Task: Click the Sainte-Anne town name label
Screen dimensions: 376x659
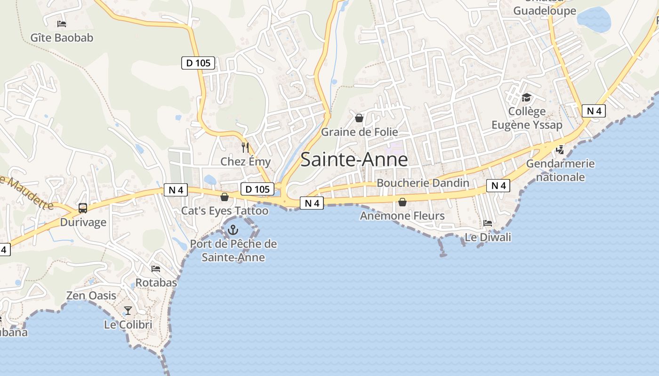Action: pyautogui.click(x=354, y=160)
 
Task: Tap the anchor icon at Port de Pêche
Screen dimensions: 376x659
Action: pyautogui.click(x=233, y=230)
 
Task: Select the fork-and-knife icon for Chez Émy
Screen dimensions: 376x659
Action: pyautogui.click(x=245, y=148)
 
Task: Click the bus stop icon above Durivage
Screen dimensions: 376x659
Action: pyautogui.click(x=83, y=208)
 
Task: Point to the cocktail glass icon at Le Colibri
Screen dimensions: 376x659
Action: pyautogui.click(x=128, y=310)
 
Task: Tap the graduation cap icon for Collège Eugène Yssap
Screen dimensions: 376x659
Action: pyautogui.click(x=526, y=97)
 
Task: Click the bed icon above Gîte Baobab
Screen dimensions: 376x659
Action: pyautogui.click(x=62, y=23)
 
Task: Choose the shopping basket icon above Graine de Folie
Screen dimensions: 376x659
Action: pyautogui.click(x=359, y=118)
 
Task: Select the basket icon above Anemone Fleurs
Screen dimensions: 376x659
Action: pyautogui.click(x=402, y=202)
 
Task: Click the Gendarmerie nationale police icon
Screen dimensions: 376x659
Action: pyautogui.click(x=560, y=150)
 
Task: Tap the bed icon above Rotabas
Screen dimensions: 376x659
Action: pyautogui.click(x=156, y=269)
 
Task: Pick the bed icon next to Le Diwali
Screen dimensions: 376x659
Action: pyautogui.click(x=488, y=223)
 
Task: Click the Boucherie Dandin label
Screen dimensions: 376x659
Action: pyautogui.click(x=423, y=183)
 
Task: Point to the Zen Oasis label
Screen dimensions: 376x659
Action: pyautogui.click(x=91, y=296)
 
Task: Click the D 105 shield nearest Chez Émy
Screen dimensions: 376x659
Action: pyautogui.click(x=257, y=189)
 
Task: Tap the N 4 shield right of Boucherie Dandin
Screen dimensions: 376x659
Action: pyautogui.click(x=498, y=186)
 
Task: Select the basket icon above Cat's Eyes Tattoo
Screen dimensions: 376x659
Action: pyautogui.click(x=225, y=196)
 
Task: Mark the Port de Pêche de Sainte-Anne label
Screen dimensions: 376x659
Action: pyautogui.click(x=233, y=251)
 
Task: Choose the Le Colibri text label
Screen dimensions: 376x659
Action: pyautogui.click(x=128, y=325)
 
